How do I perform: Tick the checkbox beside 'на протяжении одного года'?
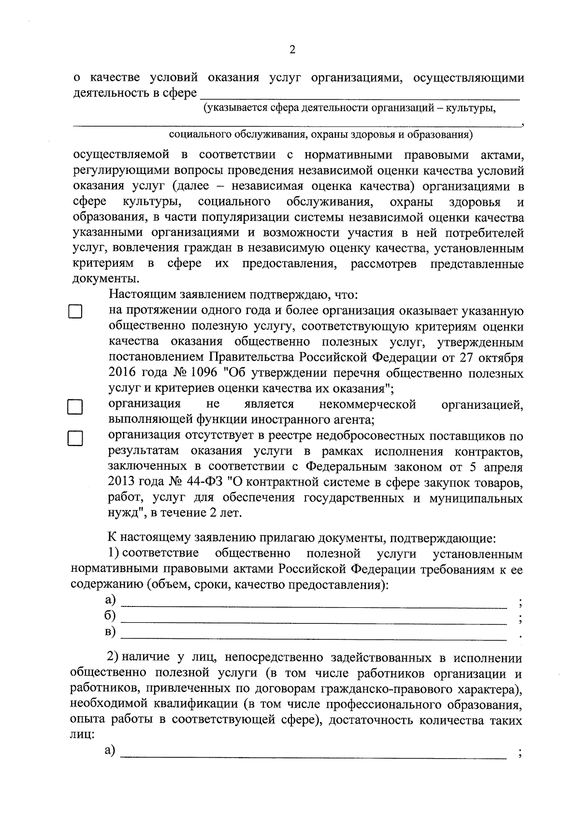[x=74, y=312]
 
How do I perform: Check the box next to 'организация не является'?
[x=74, y=407]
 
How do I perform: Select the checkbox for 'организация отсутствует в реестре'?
[x=74, y=439]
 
